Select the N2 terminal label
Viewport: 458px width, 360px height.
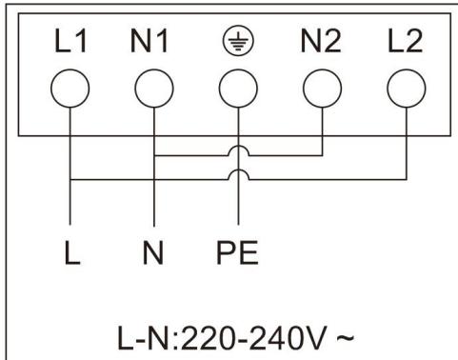(x=321, y=46)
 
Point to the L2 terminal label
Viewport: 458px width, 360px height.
(x=403, y=46)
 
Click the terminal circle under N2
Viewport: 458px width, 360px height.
(x=321, y=90)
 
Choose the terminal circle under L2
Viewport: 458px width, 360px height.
(x=403, y=90)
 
